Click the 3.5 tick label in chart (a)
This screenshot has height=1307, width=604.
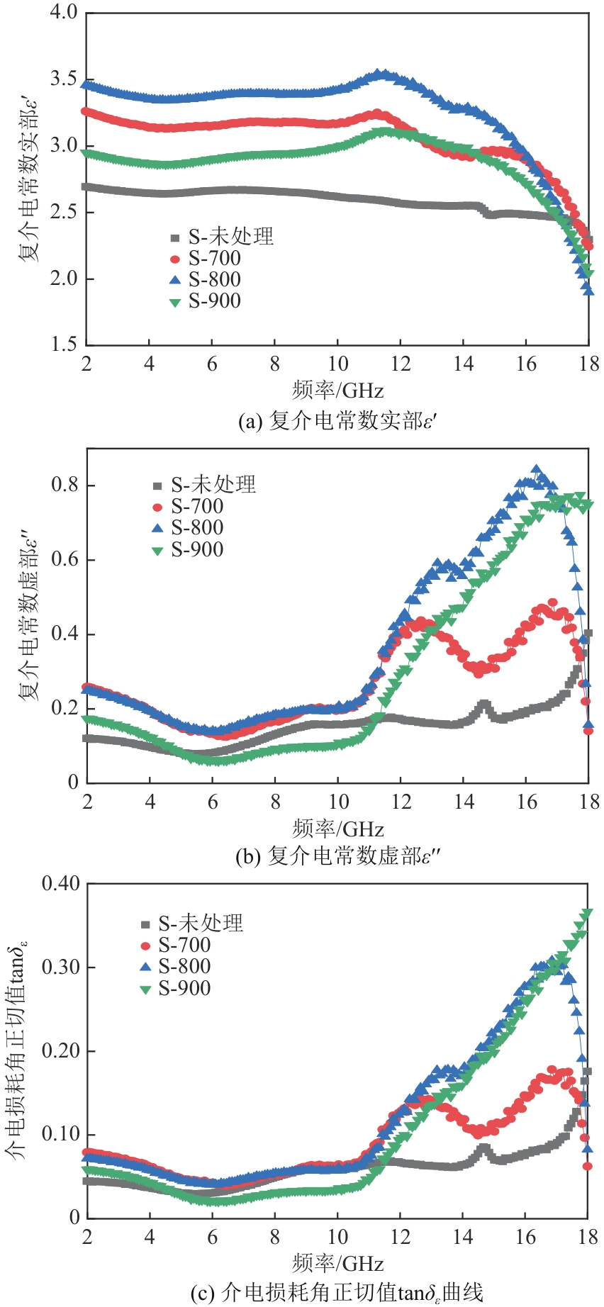[x=64, y=79]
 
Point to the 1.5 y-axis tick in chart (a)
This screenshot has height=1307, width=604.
[x=64, y=344]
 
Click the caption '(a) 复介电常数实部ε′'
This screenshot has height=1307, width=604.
[x=337, y=422]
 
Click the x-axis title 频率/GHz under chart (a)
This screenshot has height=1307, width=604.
[x=337, y=391]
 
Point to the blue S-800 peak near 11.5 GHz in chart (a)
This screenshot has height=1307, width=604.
[x=383, y=74]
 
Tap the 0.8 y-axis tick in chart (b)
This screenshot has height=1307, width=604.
[x=64, y=486]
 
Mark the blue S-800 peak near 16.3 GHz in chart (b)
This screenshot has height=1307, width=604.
[x=537, y=470]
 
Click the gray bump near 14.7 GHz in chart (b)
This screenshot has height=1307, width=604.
[x=484, y=706]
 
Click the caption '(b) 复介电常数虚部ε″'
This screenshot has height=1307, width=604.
[x=337, y=856]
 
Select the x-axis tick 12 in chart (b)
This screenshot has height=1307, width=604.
[x=401, y=802]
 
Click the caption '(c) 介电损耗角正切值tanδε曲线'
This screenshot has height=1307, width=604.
[x=337, y=1293]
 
